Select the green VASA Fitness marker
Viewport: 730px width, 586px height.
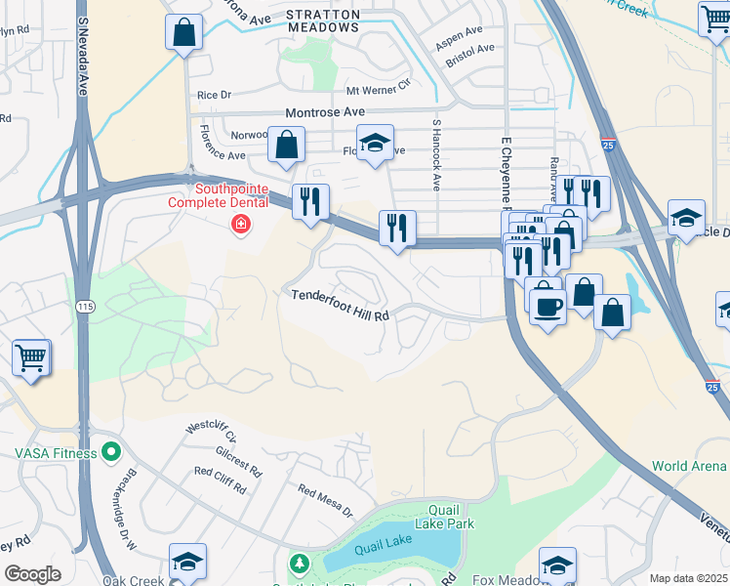[x=110, y=452]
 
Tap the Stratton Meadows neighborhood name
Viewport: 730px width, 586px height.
[x=322, y=21]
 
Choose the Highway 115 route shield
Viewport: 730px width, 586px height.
[x=85, y=307]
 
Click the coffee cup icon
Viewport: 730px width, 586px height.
[x=547, y=308]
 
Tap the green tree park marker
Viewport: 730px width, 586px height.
[x=299, y=565]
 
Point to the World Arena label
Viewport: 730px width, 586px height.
[x=689, y=466]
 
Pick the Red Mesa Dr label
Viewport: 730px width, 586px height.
[x=324, y=500]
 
